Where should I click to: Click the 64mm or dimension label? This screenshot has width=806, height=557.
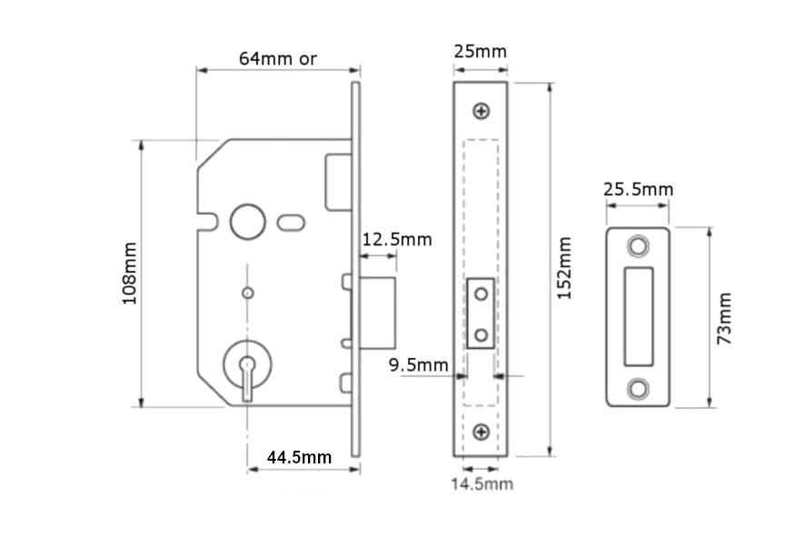tap(277, 58)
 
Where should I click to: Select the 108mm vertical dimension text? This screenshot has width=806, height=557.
tap(129, 274)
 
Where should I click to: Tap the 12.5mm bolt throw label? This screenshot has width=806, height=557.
tap(397, 240)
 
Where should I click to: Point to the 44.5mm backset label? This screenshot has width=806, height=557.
tap(299, 456)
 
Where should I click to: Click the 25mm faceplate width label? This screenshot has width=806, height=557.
tap(480, 51)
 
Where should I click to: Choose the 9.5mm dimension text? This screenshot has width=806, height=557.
tap(419, 365)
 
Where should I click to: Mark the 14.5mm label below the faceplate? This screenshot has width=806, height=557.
tap(482, 483)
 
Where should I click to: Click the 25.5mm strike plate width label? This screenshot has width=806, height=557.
tap(639, 189)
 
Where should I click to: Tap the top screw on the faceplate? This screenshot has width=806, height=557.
tap(481, 111)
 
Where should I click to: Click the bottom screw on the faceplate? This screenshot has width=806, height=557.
tap(481, 430)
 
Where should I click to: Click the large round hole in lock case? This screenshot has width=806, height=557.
tap(245, 220)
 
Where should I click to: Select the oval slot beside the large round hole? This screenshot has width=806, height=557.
tap(293, 221)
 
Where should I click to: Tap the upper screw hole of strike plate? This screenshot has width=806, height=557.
tap(639, 246)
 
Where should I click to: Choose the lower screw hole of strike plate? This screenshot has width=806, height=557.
tap(639, 387)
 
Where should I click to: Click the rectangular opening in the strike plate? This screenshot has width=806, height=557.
tap(639, 316)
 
